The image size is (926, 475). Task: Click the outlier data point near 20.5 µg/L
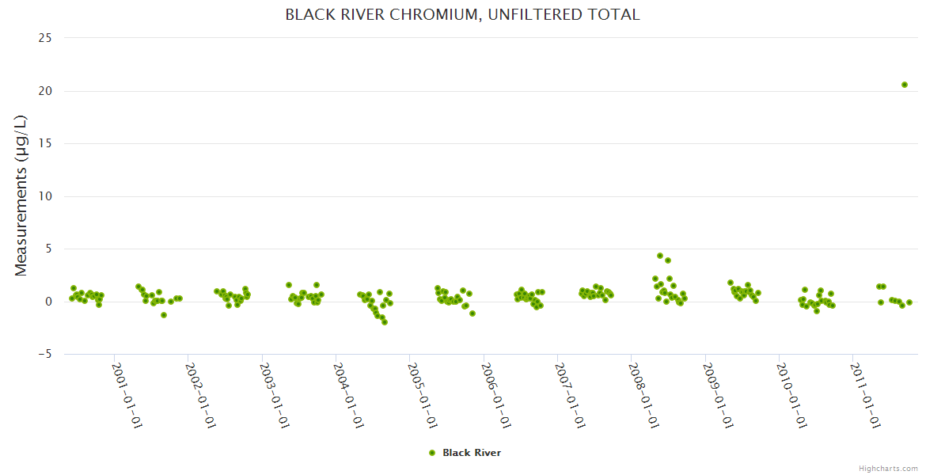(905, 85)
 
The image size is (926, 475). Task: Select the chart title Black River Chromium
(462, 15)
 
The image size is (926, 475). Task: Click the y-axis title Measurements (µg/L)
(21, 195)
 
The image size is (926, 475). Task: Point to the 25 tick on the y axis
(46, 38)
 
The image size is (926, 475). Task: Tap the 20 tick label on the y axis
(46, 91)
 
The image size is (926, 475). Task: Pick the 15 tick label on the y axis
(46, 143)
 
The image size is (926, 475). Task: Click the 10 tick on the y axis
(46, 196)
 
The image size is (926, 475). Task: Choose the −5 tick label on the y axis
(44, 354)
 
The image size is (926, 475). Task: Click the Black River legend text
(472, 453)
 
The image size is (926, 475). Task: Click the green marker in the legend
(432, 453)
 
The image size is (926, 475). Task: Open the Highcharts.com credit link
(888, 469)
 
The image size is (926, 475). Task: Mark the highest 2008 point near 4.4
(660, 256)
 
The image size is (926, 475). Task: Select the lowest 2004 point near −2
(385, 322)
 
